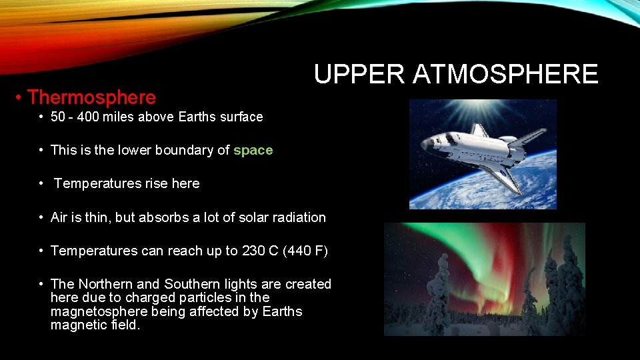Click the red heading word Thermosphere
[x=91, y=97]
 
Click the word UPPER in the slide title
[x=359, y=74]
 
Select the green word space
[x=253, y=151]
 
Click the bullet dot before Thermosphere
[x=21, y=98]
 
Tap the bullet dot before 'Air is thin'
[x=42, y=217]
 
